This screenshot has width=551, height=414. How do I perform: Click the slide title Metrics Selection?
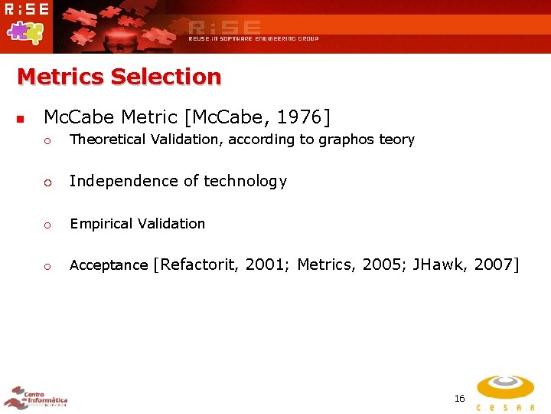click(x=119, y=77)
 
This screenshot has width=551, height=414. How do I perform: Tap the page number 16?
click(x=459, y=398)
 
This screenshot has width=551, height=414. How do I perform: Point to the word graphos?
click(x=343, y=140)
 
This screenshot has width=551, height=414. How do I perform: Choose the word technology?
click(x=245, y=182)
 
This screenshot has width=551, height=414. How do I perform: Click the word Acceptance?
click(x=109, y=265)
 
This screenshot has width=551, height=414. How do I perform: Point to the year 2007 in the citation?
click(x=493, y=265)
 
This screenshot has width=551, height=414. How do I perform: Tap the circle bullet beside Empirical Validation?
click(x=47, y=225)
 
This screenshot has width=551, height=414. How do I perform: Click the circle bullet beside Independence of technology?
click(x=47, y=182)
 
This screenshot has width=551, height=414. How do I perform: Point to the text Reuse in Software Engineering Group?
click(x=253, y=38)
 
